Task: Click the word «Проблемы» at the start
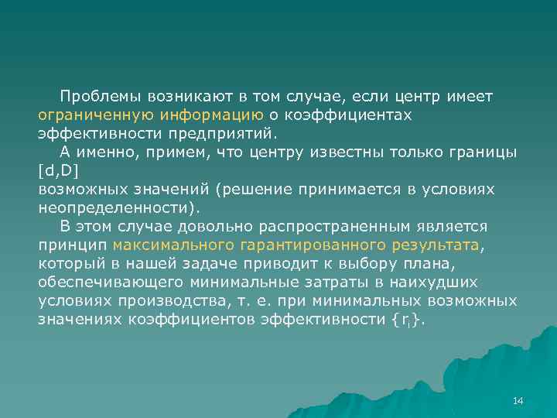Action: [97, 97]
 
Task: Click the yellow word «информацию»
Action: [212, 115]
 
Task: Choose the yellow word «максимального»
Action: [173, 245]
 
